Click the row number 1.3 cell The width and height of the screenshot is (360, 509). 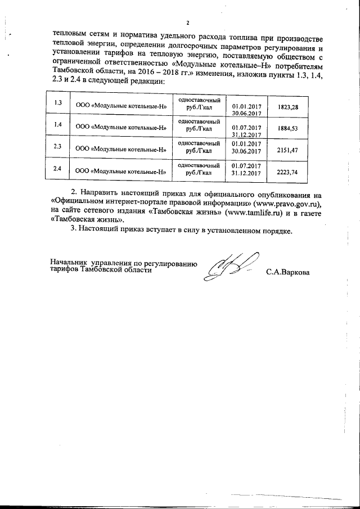point(56,103)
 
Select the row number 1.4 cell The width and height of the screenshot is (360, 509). point(56,125)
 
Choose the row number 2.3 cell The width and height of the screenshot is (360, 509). point(56,147)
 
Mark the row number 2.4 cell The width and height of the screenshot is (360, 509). point(56,168)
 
